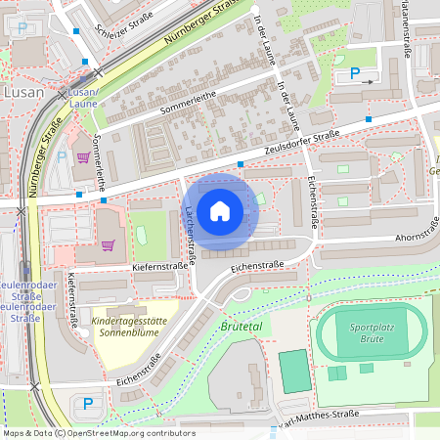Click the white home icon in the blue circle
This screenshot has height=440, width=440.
click(220, 211)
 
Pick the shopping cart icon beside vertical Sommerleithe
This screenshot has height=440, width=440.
click(83, 156)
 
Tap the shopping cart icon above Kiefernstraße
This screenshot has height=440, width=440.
click(108, 244)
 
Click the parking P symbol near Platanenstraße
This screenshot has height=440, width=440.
click(355, 73)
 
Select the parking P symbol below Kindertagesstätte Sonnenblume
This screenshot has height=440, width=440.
click(88, 403)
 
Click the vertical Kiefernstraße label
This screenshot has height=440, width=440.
click(73, 299)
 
